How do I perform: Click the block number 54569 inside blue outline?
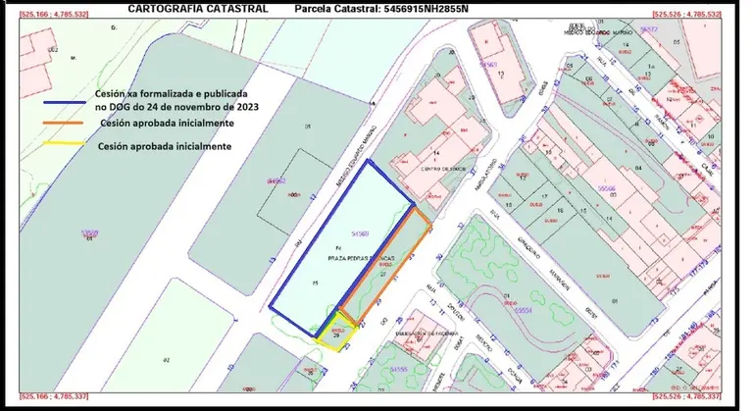(x=359, y=233)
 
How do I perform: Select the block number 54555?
(x=399, y=369)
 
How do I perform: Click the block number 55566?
(x=608, y=185)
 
